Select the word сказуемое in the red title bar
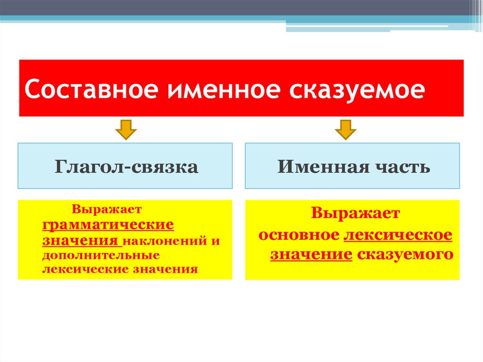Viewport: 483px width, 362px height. (x=357, y=89)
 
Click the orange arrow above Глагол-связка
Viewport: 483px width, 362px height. (x=125, y=129)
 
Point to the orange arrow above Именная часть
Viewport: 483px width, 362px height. (x=346, y=129)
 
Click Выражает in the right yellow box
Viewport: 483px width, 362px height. (x=355, y=213)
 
